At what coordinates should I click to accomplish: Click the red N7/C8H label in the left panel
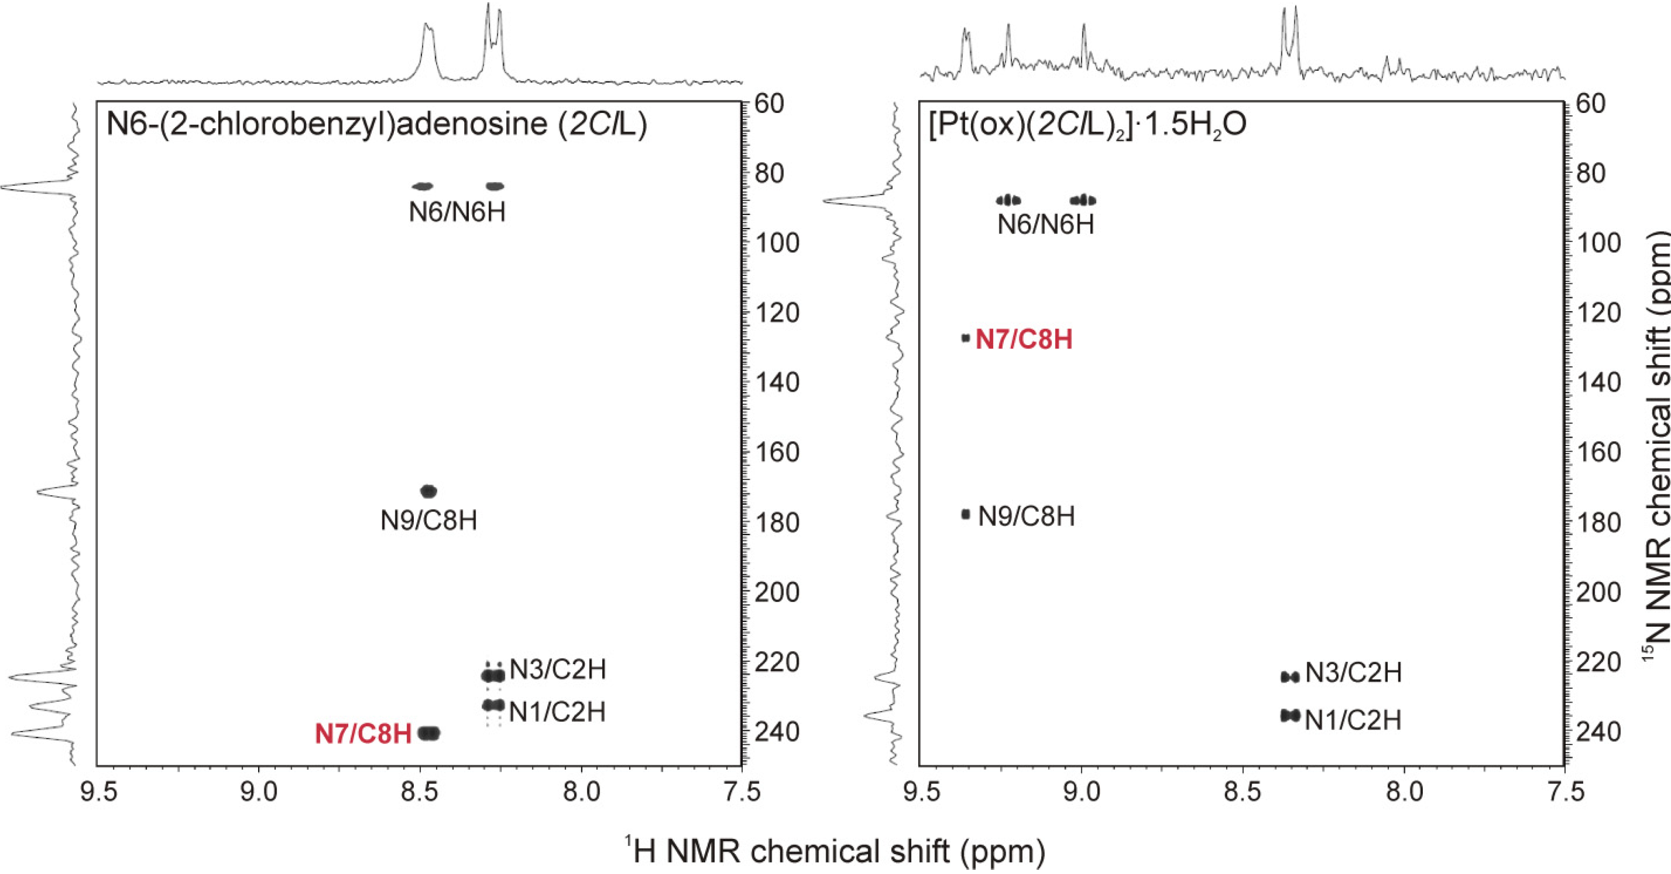pos(363,734)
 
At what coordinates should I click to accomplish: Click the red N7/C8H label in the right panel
pos(1024,340)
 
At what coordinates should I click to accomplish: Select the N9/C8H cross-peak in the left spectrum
pos(429,491)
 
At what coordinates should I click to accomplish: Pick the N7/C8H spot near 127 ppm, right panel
pos(966,338)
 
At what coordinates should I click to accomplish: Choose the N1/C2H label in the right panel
pos(1353,720)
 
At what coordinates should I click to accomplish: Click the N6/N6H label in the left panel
pos(457,212)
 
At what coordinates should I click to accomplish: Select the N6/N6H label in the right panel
pos(1046,225)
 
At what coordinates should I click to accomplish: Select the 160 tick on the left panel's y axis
pos(777,452)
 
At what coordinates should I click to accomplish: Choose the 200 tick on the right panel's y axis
pos(1598,592)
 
